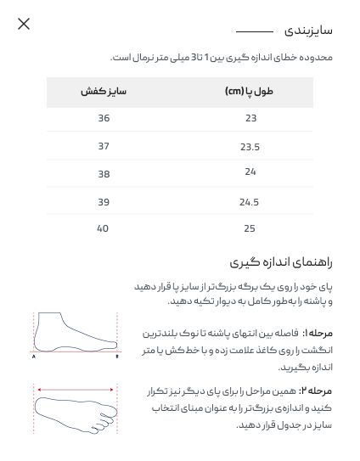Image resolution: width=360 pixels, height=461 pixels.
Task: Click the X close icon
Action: click(24, 24)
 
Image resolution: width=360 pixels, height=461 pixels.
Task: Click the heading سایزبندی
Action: click(307, 31)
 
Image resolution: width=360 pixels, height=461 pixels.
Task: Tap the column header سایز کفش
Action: click(104, 91)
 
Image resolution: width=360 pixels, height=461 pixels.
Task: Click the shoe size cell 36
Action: click(104, 118)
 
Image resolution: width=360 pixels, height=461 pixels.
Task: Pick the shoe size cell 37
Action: click(104, 146)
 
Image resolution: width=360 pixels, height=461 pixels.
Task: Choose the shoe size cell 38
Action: click(104, 174)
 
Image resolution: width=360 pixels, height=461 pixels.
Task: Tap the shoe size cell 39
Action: click(104, 202)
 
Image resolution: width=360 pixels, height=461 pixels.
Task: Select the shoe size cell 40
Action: click(104, 228)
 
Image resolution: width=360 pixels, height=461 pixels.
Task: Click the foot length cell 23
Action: click(250, 118)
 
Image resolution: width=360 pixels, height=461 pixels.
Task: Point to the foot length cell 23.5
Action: click(250, 147)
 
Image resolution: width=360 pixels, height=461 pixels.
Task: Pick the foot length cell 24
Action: click(250, 172)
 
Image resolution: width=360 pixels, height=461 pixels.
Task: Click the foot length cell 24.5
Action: click(250, 202)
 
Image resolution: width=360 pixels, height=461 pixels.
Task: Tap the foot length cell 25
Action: click(250, 228)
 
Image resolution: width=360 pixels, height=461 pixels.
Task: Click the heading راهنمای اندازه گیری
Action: click(281, 261)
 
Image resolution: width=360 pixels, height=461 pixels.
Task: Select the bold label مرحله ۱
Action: click(318, 334)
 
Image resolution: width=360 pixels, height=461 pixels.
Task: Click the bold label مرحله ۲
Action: click(317, 391)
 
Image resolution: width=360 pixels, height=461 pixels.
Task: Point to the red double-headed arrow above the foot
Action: click(76, 391)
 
